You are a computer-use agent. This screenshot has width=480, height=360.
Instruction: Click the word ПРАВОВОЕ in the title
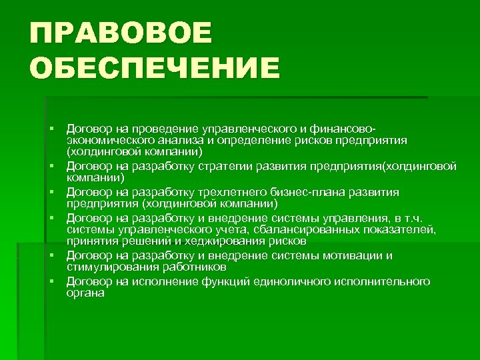pos(120,33)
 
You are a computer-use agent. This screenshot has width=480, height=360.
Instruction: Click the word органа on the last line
pos(85,293)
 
